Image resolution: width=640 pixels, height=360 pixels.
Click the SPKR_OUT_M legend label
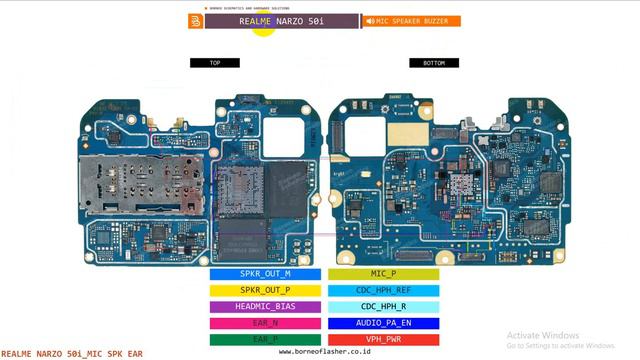(x=265, y=273)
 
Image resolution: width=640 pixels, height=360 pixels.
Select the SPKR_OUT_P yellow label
(x=265, y=290)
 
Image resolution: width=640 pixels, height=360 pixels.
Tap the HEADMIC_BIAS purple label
(x=265, y=307)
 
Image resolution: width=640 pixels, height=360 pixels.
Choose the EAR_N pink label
(x=265, y=323)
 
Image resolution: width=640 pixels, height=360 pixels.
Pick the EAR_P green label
(x=265, y=339)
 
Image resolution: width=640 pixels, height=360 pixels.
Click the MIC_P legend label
(x=383, y=273)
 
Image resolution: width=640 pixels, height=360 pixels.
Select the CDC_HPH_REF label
(x=383, y=290)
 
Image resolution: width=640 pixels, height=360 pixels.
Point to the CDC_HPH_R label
(x=383, y=307)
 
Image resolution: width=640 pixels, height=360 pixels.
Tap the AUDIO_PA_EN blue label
(x=383, y=323)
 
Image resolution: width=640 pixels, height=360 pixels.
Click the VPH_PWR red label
(x=383, y=339)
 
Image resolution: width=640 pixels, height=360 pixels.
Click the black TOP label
(x=215, y=63)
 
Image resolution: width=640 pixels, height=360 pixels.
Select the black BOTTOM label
(x=434, y=63)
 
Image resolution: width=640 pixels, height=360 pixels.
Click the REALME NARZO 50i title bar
(x=281, y=21)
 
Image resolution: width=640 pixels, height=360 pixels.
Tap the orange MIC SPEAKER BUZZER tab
(x=411, y=21)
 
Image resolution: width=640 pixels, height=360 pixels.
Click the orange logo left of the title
(x=195, y=21)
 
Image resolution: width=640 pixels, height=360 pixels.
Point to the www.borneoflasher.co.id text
(x=320, y=352)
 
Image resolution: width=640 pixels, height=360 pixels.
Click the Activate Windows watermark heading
(x=543, y=335)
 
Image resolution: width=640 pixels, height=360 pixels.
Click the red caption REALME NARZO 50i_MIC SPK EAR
(x=72, y=353)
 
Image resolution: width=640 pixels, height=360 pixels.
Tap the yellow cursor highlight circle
(x=263, y=24)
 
